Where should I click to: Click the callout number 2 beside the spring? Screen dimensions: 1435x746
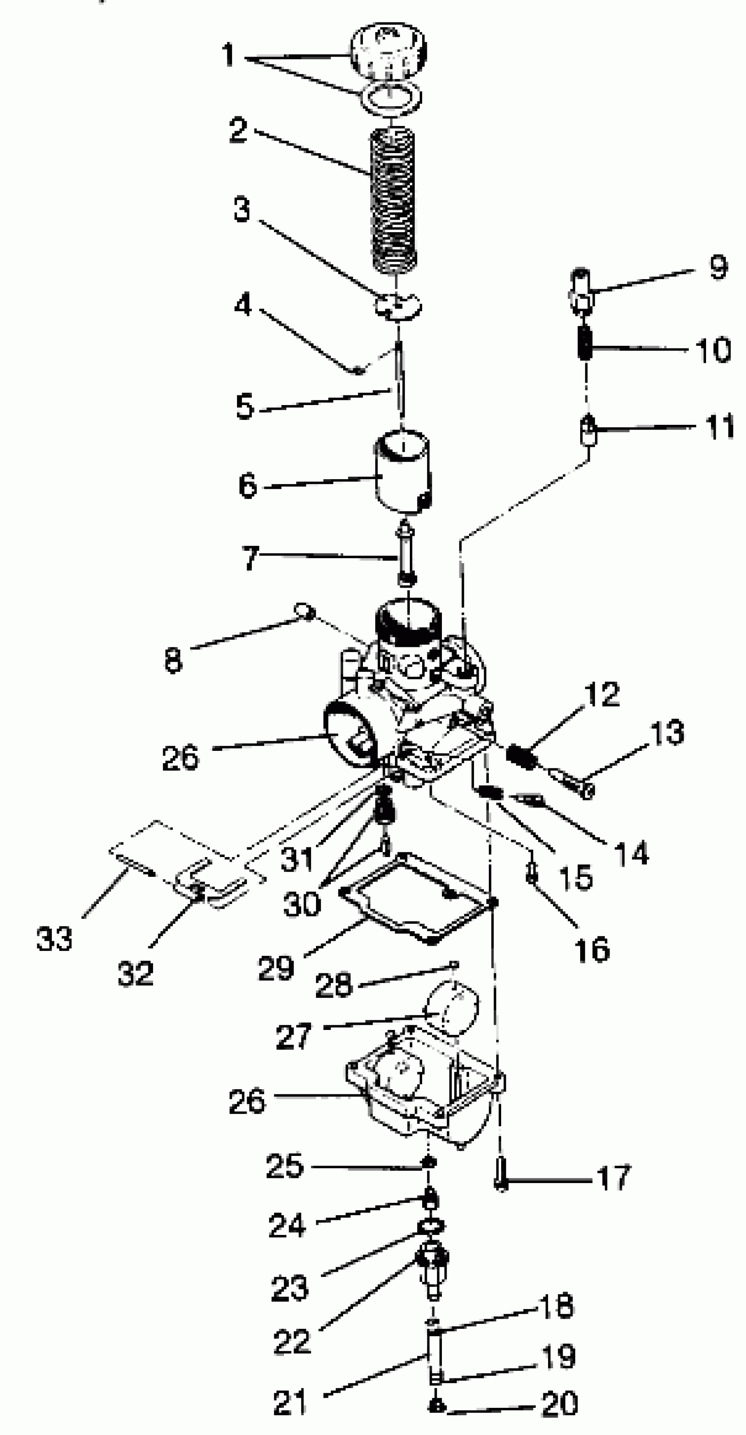pos(238,130)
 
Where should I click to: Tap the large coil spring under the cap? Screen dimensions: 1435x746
pos(393,201)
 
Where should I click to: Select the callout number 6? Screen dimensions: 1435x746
pos(247,485)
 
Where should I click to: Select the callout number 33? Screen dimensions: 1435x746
pos(54,938)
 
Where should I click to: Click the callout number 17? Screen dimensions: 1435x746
pos(614,1177)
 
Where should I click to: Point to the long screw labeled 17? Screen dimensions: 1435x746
pos(501,1179)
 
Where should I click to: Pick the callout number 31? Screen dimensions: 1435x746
pos(296,858)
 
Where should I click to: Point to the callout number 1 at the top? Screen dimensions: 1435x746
pos(228,55)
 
